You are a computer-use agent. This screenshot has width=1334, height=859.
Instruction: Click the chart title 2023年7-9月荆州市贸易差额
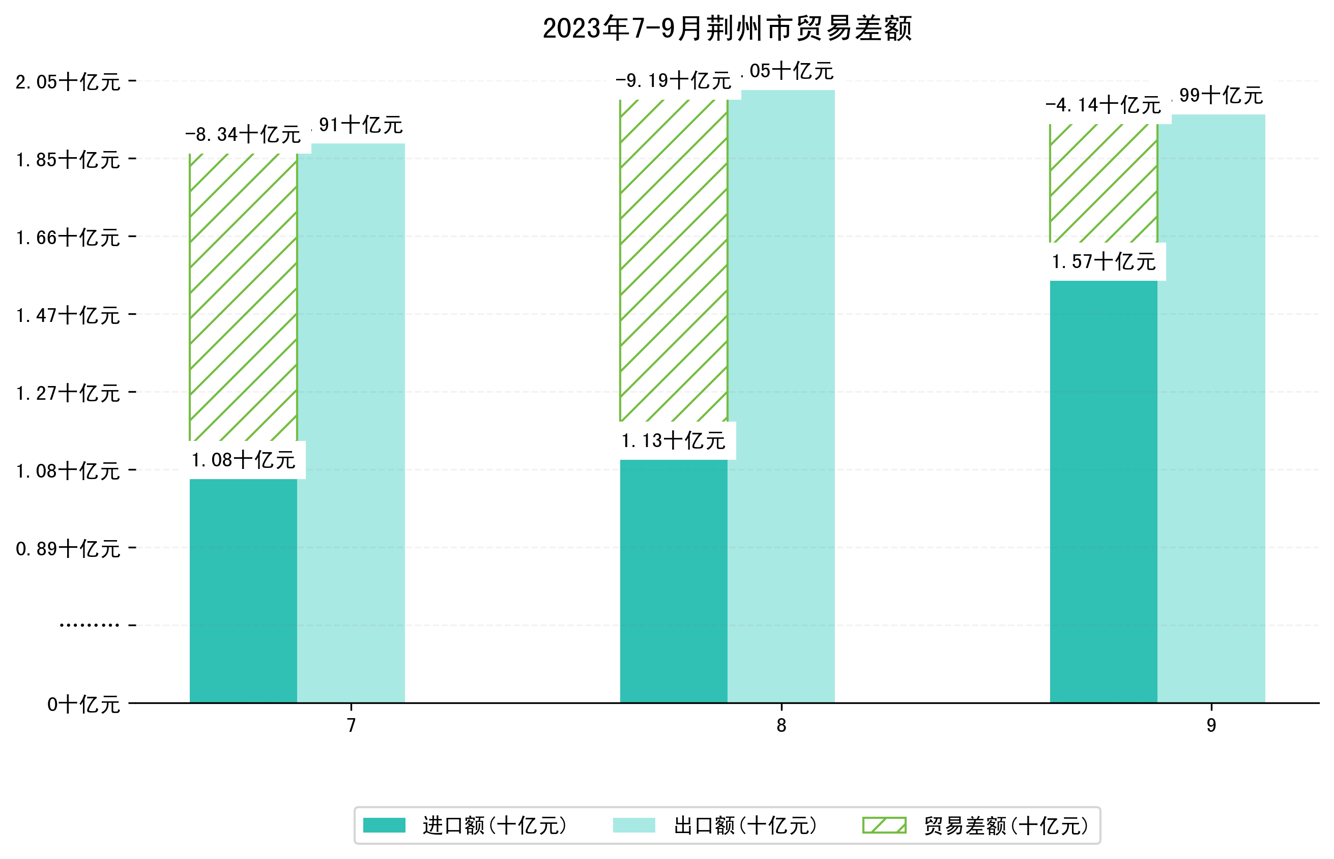tap(727, 28)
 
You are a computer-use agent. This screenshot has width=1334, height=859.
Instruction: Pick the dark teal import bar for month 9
tap(1103, 491)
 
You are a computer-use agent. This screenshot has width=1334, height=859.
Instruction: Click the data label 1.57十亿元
tap(1103, 261)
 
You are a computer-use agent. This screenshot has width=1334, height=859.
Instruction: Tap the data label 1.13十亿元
tap(674, 440)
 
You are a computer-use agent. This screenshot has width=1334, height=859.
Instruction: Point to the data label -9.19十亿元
tap(674, 81)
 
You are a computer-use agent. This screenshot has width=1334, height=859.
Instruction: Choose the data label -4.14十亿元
tap(1103, 105)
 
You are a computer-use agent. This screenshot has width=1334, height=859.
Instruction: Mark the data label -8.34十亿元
tap(243, 134)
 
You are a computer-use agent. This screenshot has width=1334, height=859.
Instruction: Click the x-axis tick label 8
tap(781, 725)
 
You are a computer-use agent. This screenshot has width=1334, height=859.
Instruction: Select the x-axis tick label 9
tap(1211, 725)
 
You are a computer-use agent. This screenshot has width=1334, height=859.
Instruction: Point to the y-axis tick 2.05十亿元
tap(68, 82)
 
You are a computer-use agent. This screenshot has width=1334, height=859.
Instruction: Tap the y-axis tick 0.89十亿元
tap(68, 549)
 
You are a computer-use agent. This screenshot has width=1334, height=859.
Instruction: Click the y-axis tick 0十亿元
tap(83, 704)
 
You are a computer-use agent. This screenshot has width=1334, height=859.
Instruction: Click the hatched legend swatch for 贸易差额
tap(884, 825)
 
